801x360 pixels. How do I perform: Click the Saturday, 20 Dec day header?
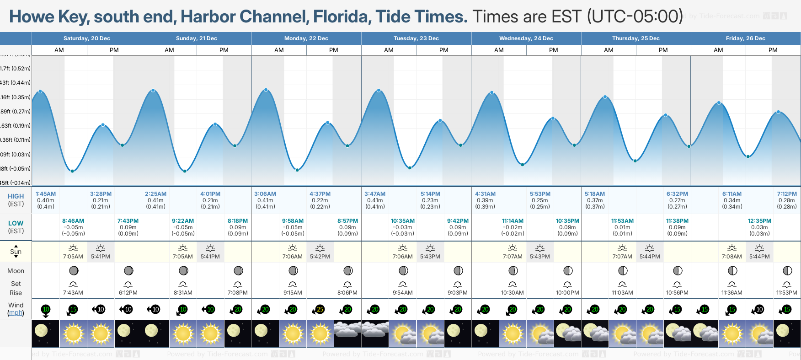pos(86,38)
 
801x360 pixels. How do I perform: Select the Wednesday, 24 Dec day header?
pos(526,38)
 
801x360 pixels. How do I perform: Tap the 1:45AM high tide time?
pos(46,194)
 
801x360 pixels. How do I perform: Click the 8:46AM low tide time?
pos(73,221)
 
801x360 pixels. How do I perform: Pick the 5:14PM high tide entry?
pos(430,194)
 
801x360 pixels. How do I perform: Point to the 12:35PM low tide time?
pos(759,221)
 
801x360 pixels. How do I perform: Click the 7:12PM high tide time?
pos(787,194)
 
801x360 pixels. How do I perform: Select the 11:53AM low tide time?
pos(622,221)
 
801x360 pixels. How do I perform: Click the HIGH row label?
pos(16,196)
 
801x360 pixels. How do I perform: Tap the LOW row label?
pos(16,223)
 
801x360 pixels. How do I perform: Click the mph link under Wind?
pos(16,313)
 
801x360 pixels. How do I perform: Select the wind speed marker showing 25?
pos(320,310)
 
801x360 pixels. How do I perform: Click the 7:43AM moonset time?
pos(73,293)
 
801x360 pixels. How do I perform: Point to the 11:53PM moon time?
pos(787,293)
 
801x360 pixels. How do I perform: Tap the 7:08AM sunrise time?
pos(732,257)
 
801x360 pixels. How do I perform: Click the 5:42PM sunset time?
pos(320,257)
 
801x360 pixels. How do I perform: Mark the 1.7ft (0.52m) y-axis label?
pos(16,69)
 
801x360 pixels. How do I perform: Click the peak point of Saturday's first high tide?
pos(41,91)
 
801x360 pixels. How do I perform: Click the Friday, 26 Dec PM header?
pos(773,50)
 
